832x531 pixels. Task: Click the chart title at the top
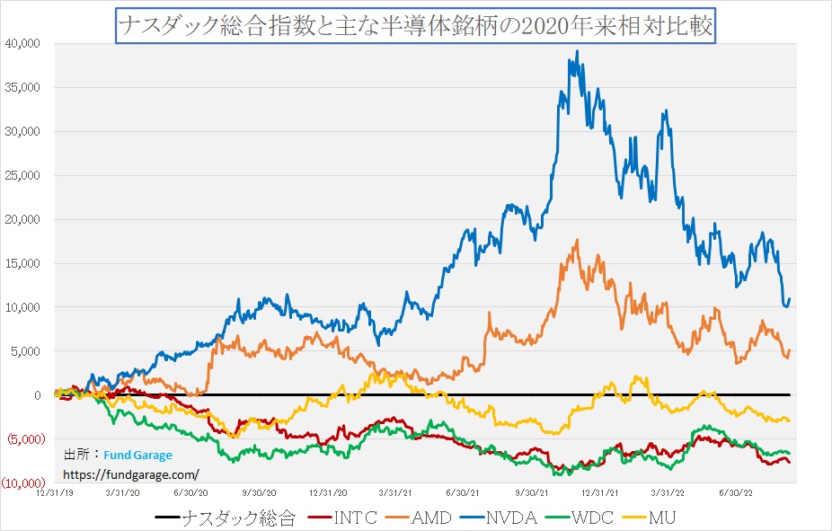415,25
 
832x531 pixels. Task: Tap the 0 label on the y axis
38,395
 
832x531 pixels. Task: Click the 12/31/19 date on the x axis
53,491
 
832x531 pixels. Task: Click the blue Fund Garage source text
137,456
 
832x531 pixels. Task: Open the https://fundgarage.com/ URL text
131,473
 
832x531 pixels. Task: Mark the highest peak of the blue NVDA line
577,51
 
